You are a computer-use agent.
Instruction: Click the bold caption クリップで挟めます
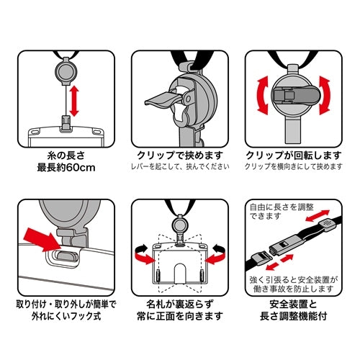(180, 156)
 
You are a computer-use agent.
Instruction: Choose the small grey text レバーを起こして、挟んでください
(180, 168)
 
